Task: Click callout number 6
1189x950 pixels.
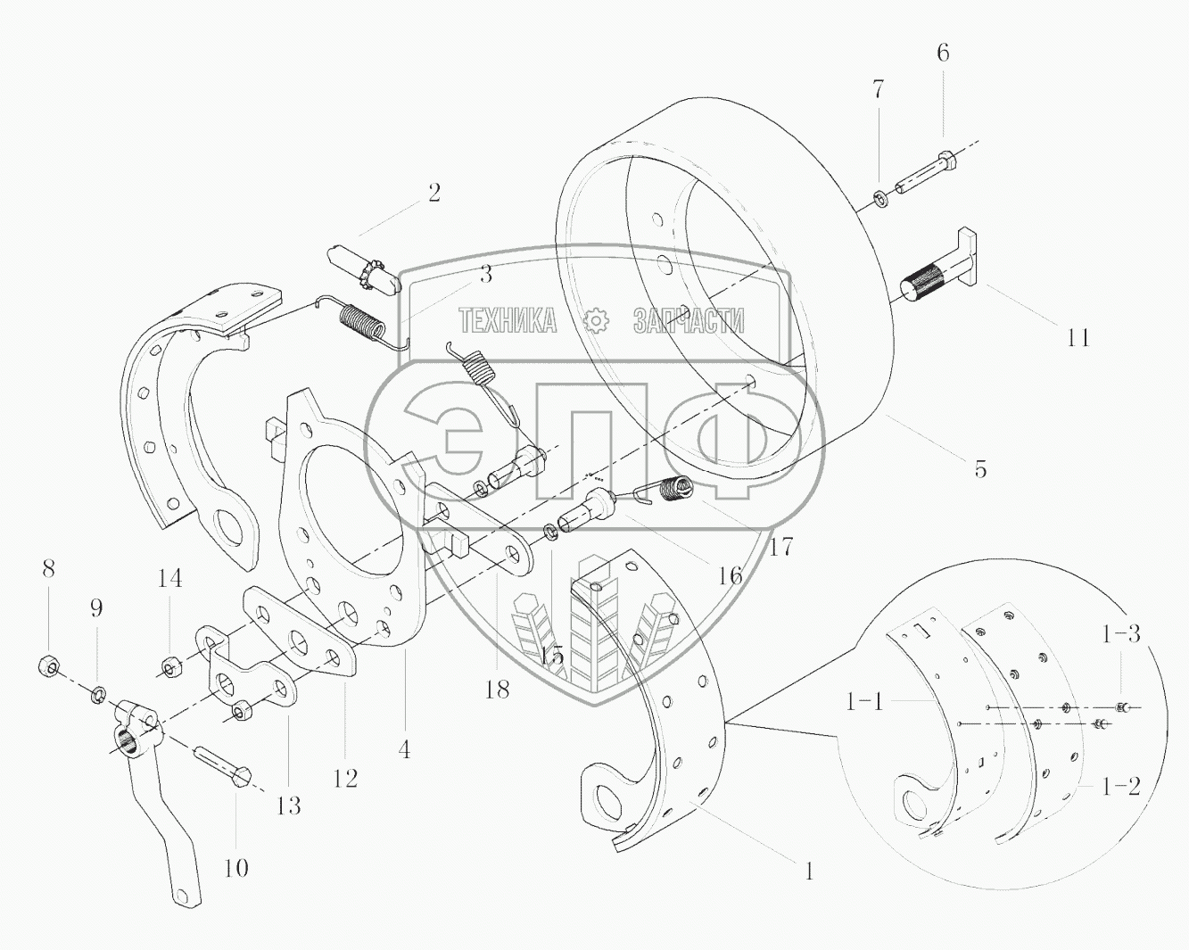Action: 943,53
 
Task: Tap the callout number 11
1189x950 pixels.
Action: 1078,337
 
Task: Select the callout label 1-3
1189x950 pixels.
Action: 1121,634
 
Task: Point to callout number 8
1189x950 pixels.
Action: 48,567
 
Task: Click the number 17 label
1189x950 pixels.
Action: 780,546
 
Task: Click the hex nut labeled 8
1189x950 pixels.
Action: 49,665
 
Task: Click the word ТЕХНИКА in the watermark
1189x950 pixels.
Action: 508,319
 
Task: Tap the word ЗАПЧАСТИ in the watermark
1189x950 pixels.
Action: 688,319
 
